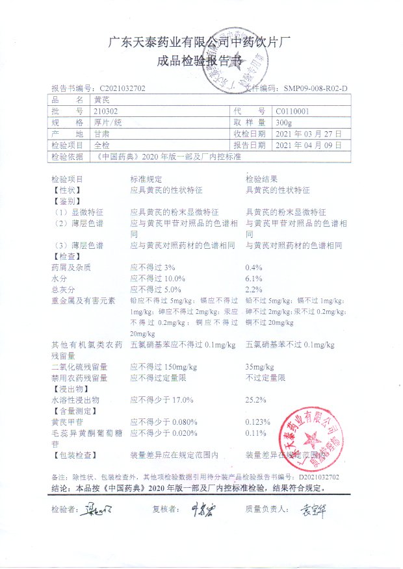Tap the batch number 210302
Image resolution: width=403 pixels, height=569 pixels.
coord(106,111)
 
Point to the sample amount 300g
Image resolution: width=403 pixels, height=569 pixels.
coord(283,122)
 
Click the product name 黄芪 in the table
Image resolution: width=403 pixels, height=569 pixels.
coord(102,100)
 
